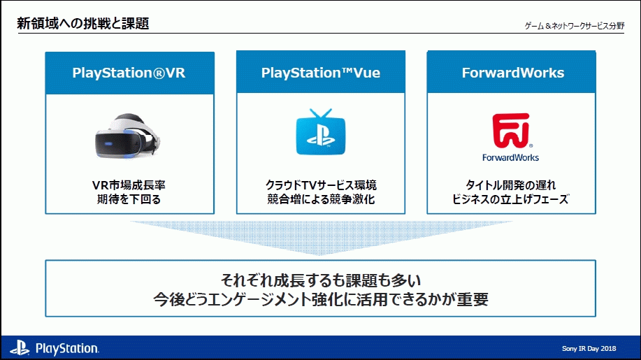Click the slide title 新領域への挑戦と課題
coord(83,24)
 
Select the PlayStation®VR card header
coord(129,73)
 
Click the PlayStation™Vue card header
coord(321,73)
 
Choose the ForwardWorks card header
coord(512,73)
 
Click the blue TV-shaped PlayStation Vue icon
coord(321,133)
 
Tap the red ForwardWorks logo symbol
coord(511,129)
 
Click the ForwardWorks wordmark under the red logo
coord(511,157)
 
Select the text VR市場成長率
coord(129,185)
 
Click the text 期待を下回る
coord(129,200)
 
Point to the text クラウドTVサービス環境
coord(321,185)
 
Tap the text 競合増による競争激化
coord(321,200)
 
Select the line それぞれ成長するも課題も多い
coord(321,280)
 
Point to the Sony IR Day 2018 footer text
coord(589,348)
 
